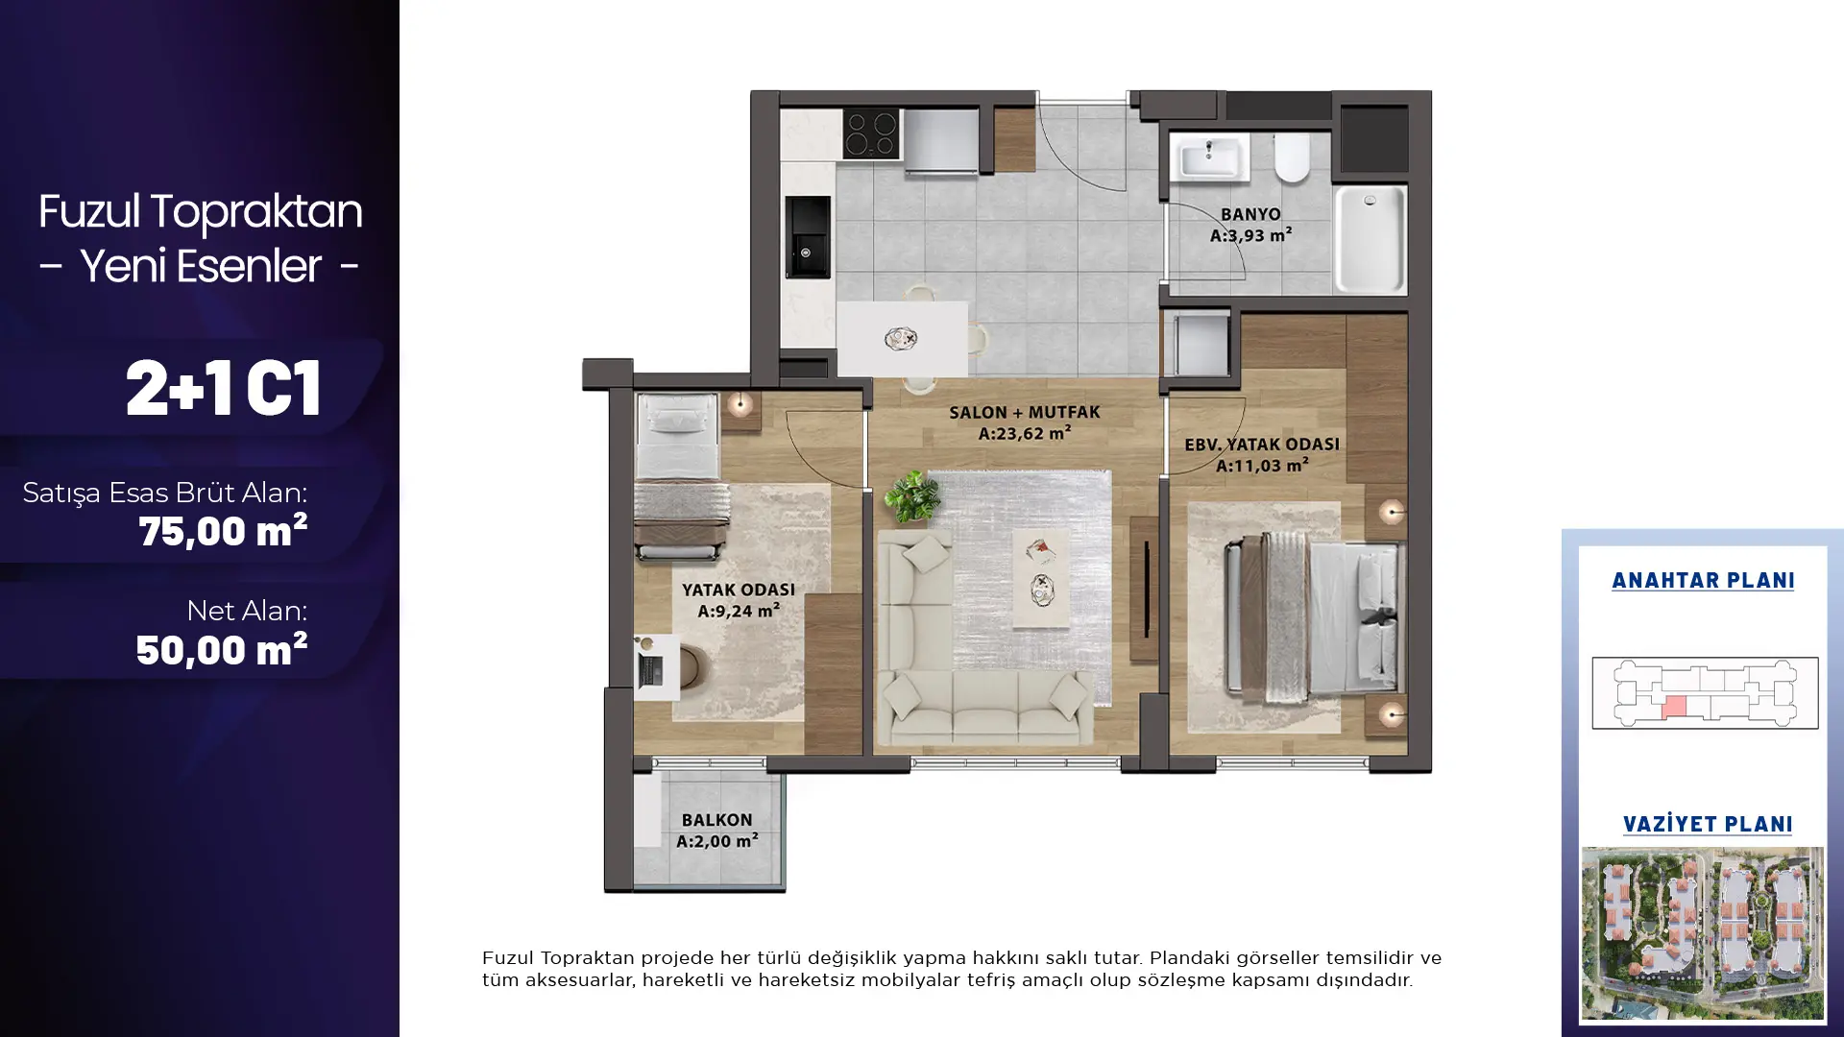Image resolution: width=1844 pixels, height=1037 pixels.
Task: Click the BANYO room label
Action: pos(1250,214)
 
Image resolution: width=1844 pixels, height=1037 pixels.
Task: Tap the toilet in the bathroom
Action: pos(1292,157)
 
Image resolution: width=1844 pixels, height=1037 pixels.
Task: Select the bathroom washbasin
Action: pos(1210,157)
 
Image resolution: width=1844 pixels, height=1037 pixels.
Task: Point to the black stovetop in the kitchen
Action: pos(871,133)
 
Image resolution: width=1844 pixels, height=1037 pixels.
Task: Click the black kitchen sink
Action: pos(808,237)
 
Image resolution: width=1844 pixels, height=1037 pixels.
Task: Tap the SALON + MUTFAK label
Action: pos(1025,412)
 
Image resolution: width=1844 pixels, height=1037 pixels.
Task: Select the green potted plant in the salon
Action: pos(911,495)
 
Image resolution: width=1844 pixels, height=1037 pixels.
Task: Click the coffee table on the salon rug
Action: pos(1041,578)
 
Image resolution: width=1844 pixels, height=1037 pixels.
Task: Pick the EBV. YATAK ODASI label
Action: pos(1262,445)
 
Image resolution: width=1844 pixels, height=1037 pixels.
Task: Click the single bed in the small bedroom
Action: pos(679,476)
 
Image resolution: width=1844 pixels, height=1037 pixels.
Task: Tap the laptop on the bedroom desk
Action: pos(650,663)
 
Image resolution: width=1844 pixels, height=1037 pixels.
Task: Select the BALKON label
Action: pos(717,820)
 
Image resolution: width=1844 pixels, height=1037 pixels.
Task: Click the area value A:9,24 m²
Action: pos(739,611)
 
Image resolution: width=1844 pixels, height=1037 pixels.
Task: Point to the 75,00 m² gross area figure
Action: pos(223,531)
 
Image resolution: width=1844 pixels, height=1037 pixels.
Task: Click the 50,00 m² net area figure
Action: pos(222,650)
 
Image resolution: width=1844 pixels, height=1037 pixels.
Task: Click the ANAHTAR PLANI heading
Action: pos(1703,581)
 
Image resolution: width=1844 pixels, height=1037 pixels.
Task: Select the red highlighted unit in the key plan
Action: pos(1674,708)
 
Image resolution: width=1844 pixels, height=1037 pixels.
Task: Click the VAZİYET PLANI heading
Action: pos(1708,825)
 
